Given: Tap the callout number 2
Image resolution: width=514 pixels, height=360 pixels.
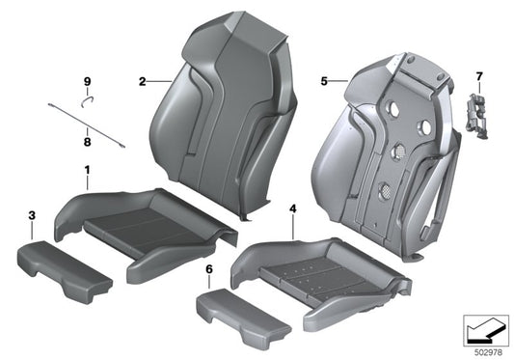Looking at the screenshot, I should [141, 82].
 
